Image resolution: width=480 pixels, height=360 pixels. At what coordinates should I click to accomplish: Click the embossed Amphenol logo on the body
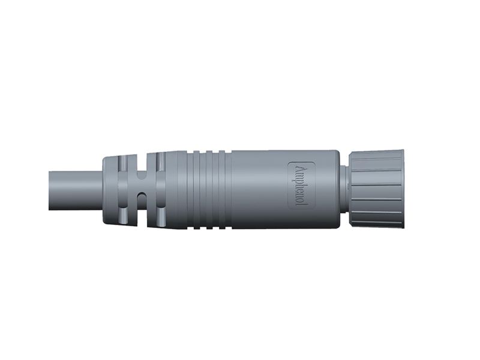(x=299, y=185)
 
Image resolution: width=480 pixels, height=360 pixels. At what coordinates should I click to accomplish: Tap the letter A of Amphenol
(x=299, y=168)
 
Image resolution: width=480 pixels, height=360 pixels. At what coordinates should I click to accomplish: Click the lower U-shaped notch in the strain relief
(x=142, y=202)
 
